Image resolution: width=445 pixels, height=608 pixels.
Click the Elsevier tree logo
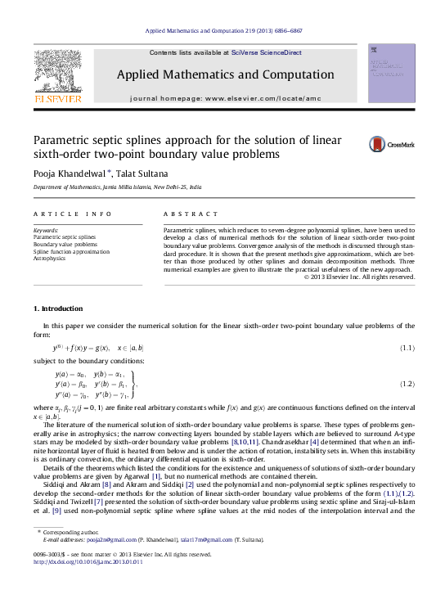[x=57, y=74]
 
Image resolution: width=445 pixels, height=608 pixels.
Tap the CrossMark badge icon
[x=391, y=145]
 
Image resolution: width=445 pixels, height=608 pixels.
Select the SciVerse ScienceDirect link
[x=266, y=52]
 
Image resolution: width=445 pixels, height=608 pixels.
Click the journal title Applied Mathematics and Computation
[x=225, y=74]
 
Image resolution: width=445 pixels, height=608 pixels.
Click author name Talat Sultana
[x=146, y=175]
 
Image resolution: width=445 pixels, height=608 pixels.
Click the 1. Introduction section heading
[x=57, y=309]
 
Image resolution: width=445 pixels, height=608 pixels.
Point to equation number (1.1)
[x=407, y=349]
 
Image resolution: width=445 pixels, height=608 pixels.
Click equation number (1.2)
[x=407, y=383]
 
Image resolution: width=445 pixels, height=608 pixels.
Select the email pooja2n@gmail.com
[x=112, y=563]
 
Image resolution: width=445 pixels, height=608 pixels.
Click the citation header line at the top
[x=223, y=30]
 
